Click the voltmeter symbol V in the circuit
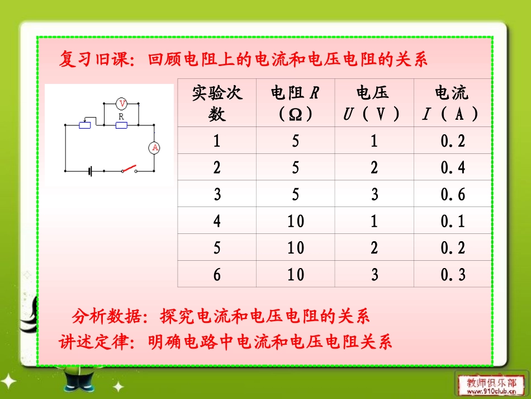[x=122, y=104]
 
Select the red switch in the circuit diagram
[x=130, y=168]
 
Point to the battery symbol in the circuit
[x=89, y=171]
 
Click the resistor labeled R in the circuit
[x=121, y=125]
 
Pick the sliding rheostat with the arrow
[x=84, y=124]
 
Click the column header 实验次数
[x=217, y=103]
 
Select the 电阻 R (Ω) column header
[x=296, y=103]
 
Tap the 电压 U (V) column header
[x=374, y=103]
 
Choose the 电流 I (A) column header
[x=452, y=103]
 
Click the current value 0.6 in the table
[x=453, y=194]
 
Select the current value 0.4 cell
[x=453, y=167]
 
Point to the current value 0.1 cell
[x=453, y=221]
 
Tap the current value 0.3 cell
[x=453, y=275]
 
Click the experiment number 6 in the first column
[x=217, y=275]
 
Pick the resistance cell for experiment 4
[x=296, y=221]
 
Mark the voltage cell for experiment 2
[x=374, y=167]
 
